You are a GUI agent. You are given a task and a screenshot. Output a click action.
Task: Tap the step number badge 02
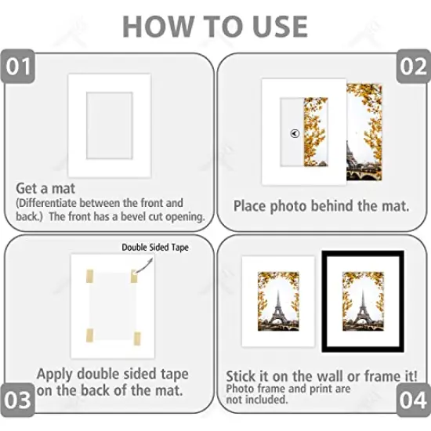click(x=412, y=67)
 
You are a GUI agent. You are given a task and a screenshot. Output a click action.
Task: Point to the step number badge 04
click(x=412, y=400)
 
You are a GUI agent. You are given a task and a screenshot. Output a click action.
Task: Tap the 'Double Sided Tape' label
click(x=155, y=248)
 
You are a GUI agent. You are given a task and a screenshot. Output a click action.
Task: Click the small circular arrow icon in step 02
click(x=294, y=133)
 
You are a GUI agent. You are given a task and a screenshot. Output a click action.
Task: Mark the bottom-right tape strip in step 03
click(x=138, y=339)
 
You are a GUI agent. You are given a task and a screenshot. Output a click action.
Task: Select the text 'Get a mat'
click(x=43, y=188)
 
